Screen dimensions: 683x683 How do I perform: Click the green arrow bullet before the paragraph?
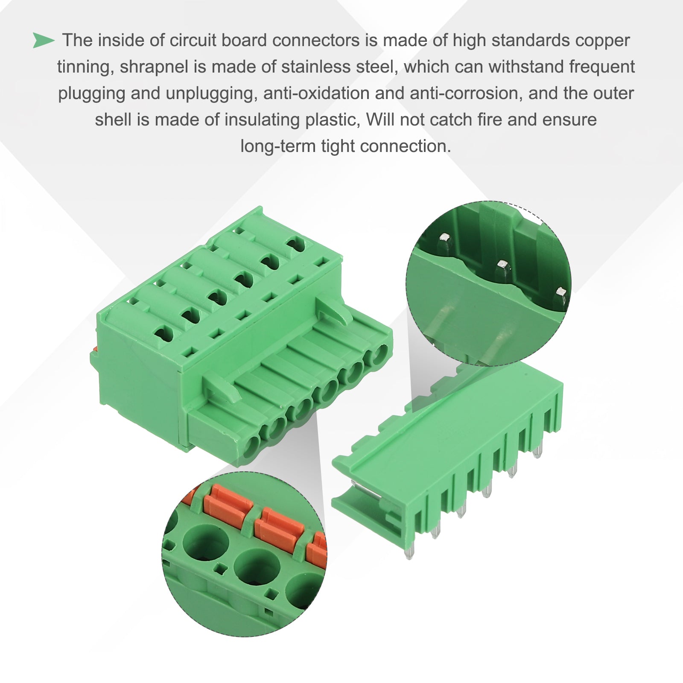(44, 41)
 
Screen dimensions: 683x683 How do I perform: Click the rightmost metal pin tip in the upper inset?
(561, 292)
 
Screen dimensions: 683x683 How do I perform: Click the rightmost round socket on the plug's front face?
(378, 354)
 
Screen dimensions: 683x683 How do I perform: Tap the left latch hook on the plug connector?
(222, 388)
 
